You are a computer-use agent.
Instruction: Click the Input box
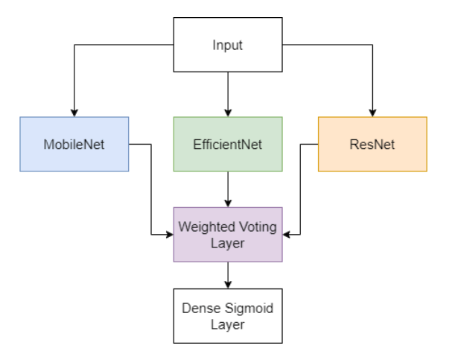click(x=227, y=44)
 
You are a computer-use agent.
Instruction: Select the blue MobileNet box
click(x=74, y=144)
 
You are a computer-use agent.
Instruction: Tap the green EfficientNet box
click(x=227, y=144)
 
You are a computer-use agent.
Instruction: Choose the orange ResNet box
click(x=372, y=144)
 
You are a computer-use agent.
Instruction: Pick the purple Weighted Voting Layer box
click(x=227, y=234)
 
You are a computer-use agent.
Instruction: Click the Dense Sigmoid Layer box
click(x=227, y=315)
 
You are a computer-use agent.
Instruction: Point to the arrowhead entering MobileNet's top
click(x=74, y=112)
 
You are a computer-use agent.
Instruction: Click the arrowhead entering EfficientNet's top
click(x=227, y=112)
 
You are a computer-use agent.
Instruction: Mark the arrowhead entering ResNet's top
click(x=372, y=112)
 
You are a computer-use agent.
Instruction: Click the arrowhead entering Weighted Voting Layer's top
click(x=227, y=203)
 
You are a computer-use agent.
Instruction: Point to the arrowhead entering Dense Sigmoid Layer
click(x=227, y=285)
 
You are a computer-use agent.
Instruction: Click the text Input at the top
click(x=227, y=44)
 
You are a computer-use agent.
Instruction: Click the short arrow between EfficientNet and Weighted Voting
click(x=227, y=189)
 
